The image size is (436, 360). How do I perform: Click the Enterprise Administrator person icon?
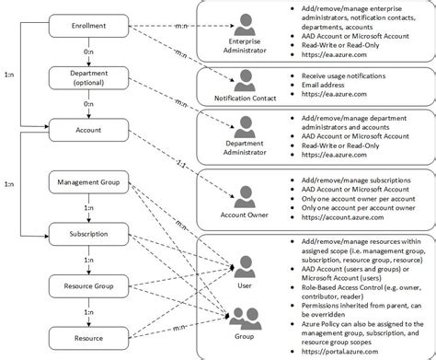[244, 22]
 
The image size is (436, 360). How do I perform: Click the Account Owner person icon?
[244, 196]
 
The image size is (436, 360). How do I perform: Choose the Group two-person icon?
[246, 318]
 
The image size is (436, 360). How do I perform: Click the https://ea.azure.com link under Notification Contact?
[342, 93]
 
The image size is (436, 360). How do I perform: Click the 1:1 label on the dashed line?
[177, 165]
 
